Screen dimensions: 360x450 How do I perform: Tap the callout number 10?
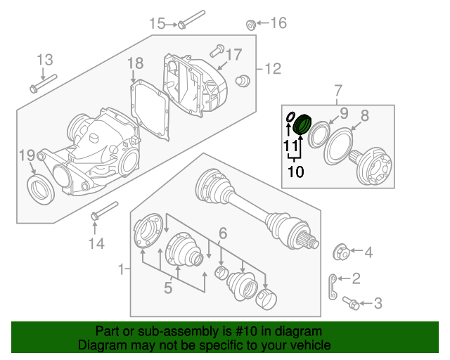click(295, 171)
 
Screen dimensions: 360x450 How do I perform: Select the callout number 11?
click(290, 145)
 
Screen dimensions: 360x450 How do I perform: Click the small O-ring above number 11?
click(288, 117)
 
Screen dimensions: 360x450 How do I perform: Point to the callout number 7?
click(337, 91)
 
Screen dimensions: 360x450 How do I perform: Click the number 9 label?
click(344, 112)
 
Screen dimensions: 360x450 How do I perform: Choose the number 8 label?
click(364, 115)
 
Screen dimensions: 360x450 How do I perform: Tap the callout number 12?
click(272, 69)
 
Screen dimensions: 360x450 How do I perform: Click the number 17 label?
click(233, 54)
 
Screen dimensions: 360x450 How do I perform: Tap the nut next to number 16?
click(250, 25)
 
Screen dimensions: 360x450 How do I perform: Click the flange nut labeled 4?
click(337, 251)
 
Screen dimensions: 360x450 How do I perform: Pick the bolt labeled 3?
click(351, 303)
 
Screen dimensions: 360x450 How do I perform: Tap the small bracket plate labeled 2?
click(330, 284)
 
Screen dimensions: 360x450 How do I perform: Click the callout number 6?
click(222, 233)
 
